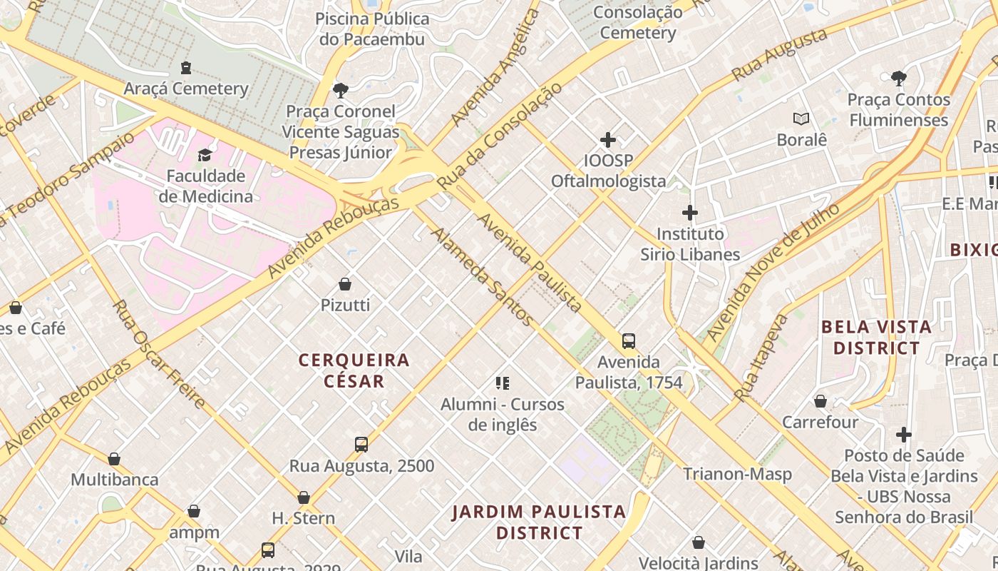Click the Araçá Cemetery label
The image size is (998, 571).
186,89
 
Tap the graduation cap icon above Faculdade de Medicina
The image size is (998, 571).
205,155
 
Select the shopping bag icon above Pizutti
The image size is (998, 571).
345,284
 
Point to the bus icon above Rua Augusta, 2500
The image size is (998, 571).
361,445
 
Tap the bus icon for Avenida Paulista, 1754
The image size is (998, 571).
628,341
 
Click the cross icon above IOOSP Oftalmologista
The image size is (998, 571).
608,140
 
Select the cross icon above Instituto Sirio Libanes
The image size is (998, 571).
689,213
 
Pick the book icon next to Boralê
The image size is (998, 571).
801,118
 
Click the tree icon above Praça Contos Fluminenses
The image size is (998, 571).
899,78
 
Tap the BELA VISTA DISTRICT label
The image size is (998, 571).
876,338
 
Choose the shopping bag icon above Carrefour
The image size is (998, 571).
820,401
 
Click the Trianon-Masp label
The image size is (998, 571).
737,474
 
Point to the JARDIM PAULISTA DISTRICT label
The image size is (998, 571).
539,522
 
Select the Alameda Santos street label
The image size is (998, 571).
483,277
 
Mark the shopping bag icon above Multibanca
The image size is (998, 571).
114,459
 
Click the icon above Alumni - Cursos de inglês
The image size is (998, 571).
503,383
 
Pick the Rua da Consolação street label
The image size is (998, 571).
500,136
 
